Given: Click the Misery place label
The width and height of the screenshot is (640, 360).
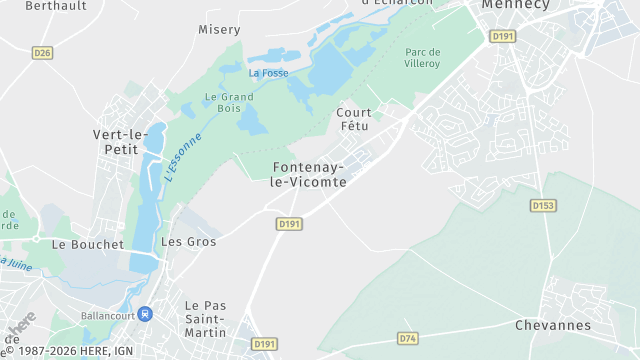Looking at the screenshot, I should point(219,29).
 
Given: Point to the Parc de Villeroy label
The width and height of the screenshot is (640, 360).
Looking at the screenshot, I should point(423,59).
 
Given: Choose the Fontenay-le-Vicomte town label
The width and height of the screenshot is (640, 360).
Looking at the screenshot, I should point(309,174).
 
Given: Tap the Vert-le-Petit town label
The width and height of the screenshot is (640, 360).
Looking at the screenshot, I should point(120,142).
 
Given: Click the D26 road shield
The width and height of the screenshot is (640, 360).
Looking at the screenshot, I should point(41,53).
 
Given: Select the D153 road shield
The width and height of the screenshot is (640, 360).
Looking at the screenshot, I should point(543,205).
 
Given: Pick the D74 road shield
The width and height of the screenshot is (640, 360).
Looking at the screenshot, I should point(407,339).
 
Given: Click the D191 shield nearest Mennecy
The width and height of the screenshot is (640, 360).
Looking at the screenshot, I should point(502,36).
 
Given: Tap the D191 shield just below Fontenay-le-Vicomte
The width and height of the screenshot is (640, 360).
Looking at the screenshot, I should point(289,224).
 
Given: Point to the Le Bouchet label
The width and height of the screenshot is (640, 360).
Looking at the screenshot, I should point(87,244).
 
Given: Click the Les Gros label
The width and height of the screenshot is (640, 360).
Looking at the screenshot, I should point(188,242).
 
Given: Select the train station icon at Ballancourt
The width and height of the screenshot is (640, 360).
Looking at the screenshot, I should point(145,313).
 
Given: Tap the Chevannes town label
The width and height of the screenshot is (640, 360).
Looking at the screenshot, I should point(552,326).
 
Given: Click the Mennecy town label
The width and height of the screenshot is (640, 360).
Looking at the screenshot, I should point(515,5).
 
